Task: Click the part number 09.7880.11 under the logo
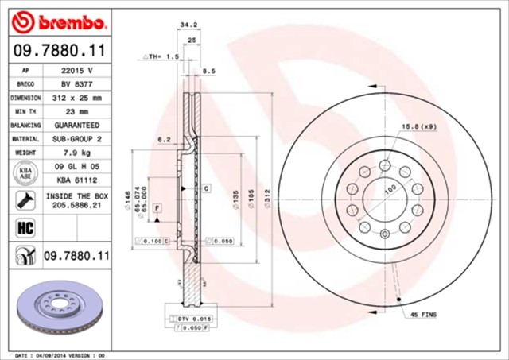point(60,51)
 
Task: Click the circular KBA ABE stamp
point(25,172)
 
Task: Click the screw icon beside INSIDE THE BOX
point(25,199)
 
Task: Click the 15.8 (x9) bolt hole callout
point(420,126)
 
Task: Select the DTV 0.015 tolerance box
point(189,318)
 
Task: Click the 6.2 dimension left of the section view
point(165,139)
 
